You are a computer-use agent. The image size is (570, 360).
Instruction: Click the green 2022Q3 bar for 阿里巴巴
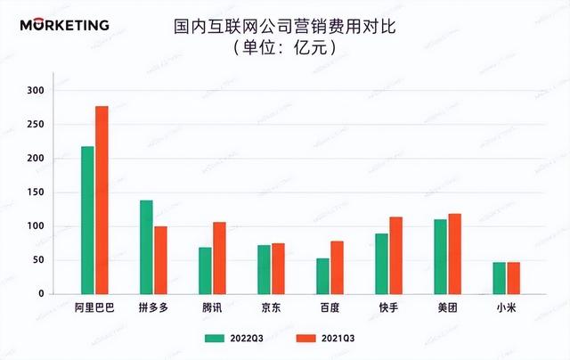(87, 220)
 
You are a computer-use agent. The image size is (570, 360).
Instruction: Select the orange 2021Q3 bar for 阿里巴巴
(102, 200)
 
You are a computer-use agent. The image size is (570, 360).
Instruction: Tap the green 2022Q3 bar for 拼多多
(146, 247)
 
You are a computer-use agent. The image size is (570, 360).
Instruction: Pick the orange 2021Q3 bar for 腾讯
(219, 258)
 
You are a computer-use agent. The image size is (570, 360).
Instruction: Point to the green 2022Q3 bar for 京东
(264, 269)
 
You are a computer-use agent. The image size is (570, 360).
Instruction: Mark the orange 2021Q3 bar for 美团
(454, 254)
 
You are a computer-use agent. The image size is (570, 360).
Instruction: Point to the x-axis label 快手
(388, 307)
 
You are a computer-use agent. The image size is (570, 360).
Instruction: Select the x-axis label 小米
(506, 307)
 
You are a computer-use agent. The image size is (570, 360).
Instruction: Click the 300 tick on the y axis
(35, 91)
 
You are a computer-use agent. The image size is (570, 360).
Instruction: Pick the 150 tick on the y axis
(35, 192)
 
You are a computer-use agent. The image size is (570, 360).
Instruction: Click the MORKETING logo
(64, 25)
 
